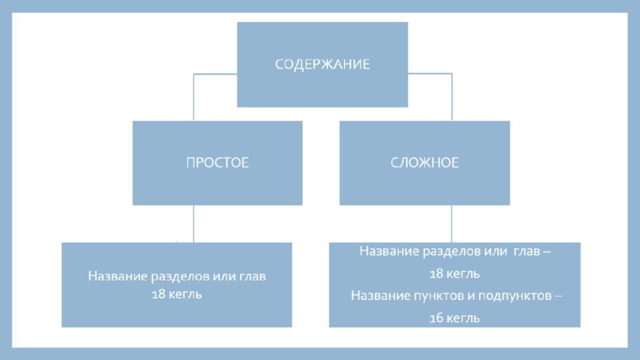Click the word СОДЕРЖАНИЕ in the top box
(322, 64)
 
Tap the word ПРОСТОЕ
(217, 162)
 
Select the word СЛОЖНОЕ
(424, 162)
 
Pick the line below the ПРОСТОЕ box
(194, 224)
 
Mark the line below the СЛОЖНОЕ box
(451, 224)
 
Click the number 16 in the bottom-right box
(436, 318)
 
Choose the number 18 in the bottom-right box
(436, 274)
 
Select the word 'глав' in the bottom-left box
(252, 277)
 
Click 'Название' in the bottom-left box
(117, 277)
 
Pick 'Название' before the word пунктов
(381, 296)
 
